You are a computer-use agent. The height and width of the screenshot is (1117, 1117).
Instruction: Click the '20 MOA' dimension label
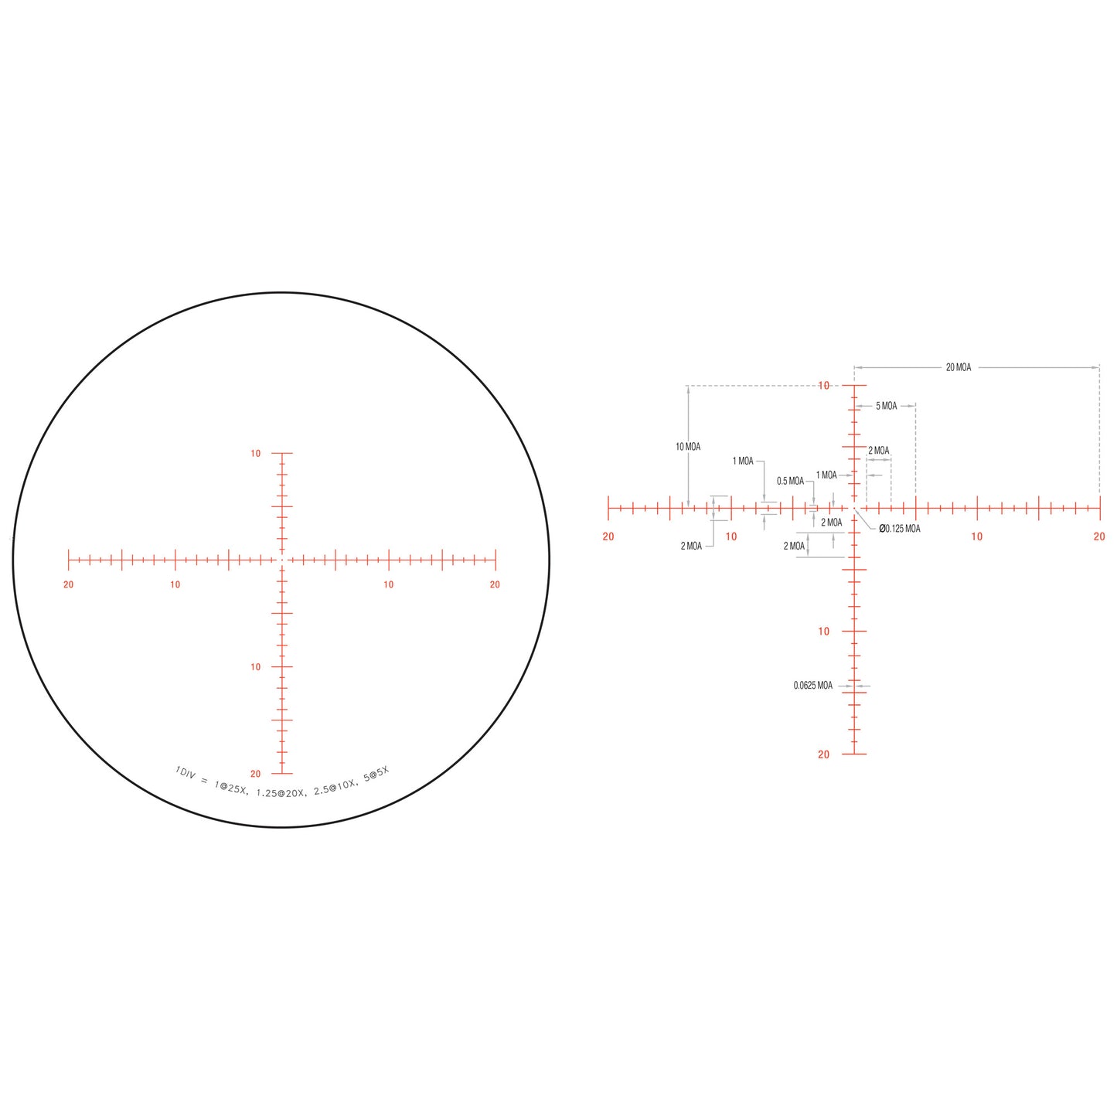[x=958, y=367]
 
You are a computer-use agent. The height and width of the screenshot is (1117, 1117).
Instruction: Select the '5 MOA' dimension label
[x=886, y=406]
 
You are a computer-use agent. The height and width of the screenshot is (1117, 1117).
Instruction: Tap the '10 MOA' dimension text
[x=687, y=447]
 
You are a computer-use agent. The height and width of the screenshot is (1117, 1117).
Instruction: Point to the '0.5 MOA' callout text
[x=790, y=481]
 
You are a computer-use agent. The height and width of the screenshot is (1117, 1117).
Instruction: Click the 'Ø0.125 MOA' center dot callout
[x=899, y=529]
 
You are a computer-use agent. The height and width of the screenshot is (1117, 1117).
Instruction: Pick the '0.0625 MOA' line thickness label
[x=812, y=686]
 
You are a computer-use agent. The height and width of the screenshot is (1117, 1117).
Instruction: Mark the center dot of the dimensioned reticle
[x=854, y=508]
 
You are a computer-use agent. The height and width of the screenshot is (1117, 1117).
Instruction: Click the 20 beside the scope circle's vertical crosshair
[x=255, y=774]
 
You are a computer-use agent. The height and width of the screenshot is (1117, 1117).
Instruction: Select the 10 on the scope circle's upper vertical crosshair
[x=255, y=454]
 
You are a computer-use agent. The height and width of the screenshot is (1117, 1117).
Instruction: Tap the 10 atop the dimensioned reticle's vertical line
[x=823, y=386]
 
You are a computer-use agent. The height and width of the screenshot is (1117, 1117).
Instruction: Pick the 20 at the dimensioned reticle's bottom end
[x=823, y=754]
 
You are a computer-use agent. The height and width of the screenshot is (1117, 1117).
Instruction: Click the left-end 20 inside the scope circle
[x=69, y=584]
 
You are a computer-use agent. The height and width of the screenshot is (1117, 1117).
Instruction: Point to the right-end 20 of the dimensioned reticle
[x=1099, y=536]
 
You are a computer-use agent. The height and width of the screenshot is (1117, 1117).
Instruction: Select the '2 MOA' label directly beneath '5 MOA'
[x=878, y=451]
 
